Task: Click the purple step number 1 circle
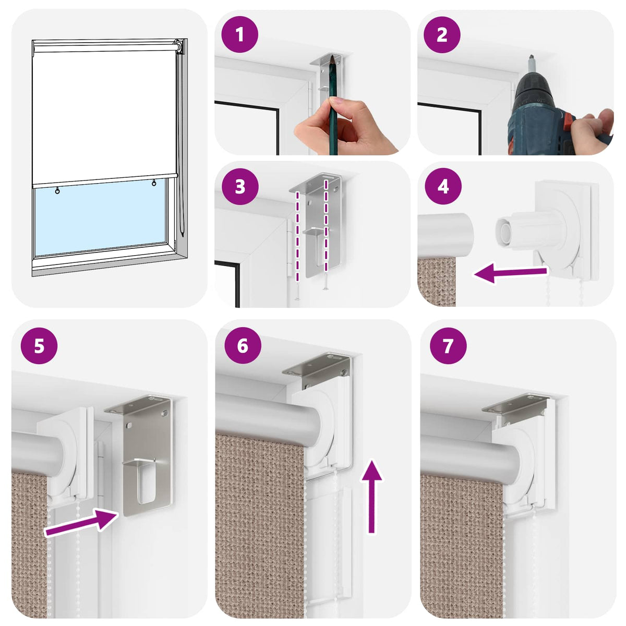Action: pyautogui.click(x=240, y=34)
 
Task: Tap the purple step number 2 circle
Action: pyautogui.click(x=442, y=34)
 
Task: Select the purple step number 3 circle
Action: pyautogui.click(x=240, y=186)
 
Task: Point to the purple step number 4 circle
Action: pyautogui.click(x=443, y=186)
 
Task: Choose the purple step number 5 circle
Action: pyautogui.click(x=39, y=345)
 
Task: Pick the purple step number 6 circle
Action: pyautogui.click(x=243, y=345)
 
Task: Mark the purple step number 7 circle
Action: pyautogui.click(x=448, y=345)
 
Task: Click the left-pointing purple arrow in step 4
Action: pyautogui.click(x=511, y=273)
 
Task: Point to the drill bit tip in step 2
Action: pyautogui.click(x=531, y=56)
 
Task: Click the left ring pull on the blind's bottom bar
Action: pyautogui.click(x=57, y=191)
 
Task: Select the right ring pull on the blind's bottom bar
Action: pyautogui.click(x=154, y=183)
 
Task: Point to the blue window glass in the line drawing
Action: pyautogui.click(x=100, y=216)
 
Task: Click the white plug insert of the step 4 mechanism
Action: pyautogui.click(x=504, y=233)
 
